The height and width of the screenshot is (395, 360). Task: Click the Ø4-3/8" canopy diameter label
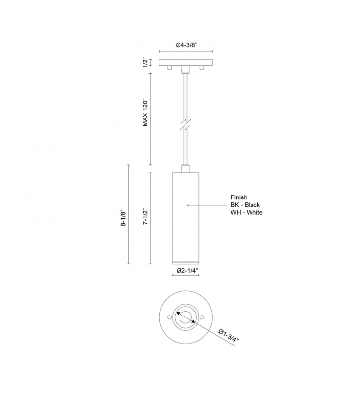coord(186,45)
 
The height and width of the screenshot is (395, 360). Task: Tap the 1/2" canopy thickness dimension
coord(145,63)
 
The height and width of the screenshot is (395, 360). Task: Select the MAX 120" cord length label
coord(145,112)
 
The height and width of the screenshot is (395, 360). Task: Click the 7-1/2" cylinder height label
coord(145,216)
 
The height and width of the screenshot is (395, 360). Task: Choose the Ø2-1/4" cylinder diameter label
coord(187,271)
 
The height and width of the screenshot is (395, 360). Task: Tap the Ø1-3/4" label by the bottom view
coord(228,335)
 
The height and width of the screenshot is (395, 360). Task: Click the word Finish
coord(239,197)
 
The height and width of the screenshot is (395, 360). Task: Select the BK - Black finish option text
coord(245,205)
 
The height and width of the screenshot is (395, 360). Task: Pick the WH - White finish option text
coord(247,212)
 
